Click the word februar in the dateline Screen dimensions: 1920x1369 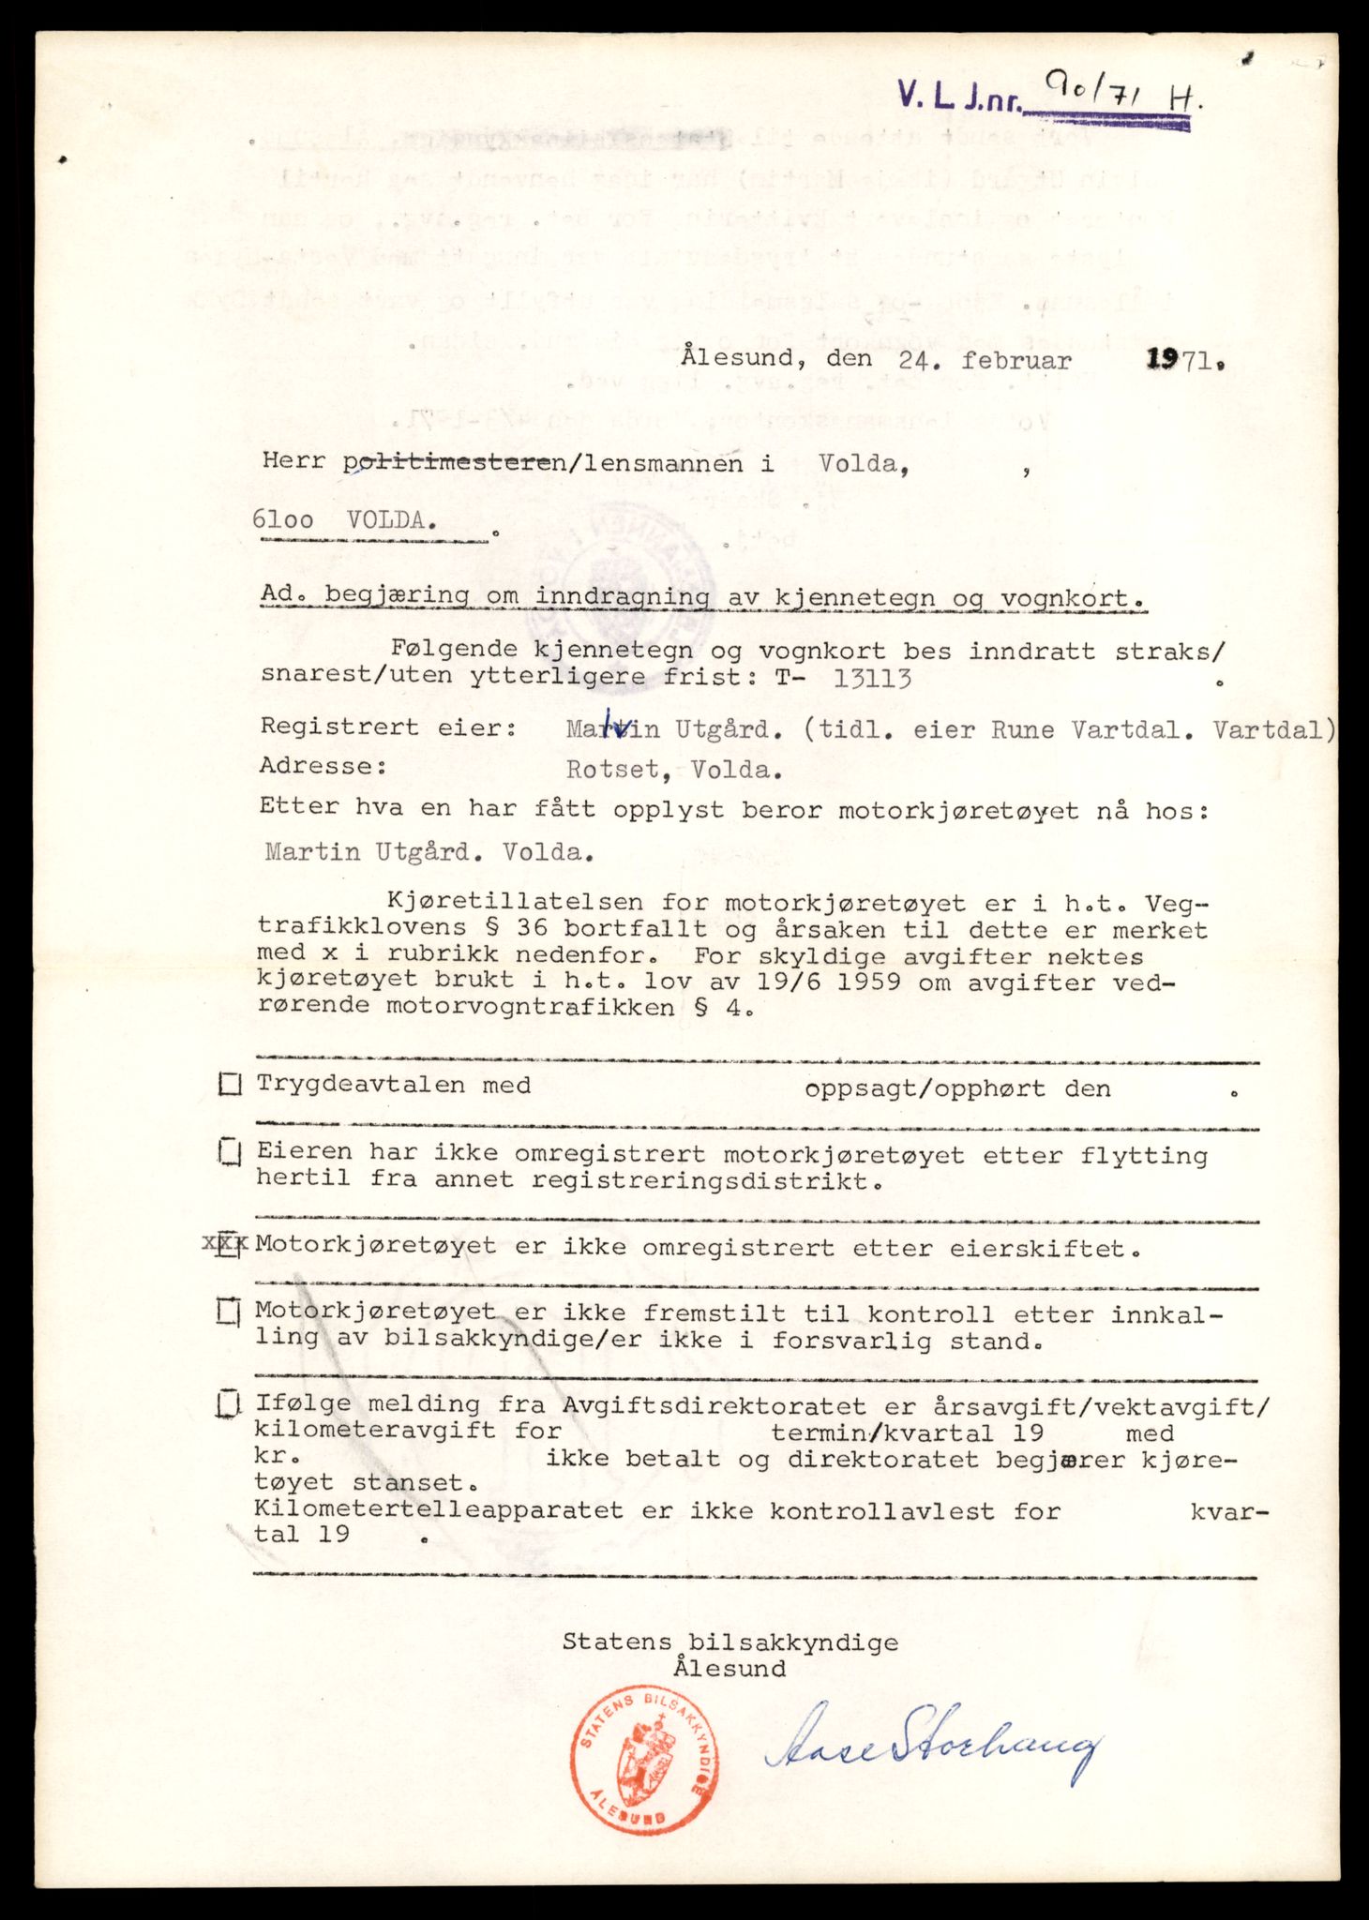tap(1017, 359)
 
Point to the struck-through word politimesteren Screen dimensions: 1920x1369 tap(455, 462)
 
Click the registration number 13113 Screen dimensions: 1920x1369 tap(872, 679)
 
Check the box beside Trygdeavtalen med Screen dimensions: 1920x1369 tap(229, 1086)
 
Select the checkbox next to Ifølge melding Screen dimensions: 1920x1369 tap(226, 1404)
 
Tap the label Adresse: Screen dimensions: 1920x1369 tap(323, 766)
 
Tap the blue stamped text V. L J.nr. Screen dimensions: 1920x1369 tap(957, 97)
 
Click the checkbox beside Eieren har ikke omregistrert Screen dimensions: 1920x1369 tap(229, 1151)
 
